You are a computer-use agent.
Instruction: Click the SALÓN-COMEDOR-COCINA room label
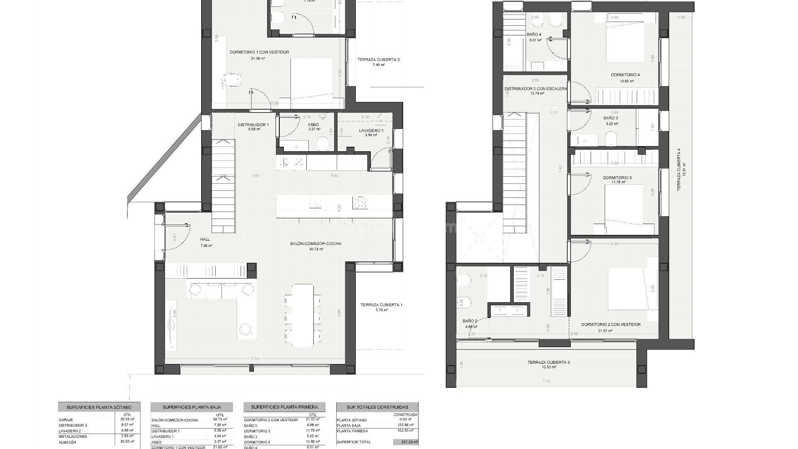[x=315, y=244]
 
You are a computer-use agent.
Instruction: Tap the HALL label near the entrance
[x=205, y=239]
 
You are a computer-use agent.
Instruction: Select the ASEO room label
[x=313, y=125]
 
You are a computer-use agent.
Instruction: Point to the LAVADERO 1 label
[x=371, y=131]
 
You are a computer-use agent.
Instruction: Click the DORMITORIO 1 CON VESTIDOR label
[x=259, y=52]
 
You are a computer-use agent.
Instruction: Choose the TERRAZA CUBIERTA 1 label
[x=381, y=305]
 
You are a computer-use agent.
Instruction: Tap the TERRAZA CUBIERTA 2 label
[x=378, y=60]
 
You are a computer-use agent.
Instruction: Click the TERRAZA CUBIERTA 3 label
[x=549, y=363]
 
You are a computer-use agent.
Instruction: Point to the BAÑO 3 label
[x=611, y=118]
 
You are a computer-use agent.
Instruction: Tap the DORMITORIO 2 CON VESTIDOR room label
[x=611, y=325]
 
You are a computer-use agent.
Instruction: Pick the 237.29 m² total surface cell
[x=405, y=442]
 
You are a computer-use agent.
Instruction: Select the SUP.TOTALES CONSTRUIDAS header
[x=377, y=407]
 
